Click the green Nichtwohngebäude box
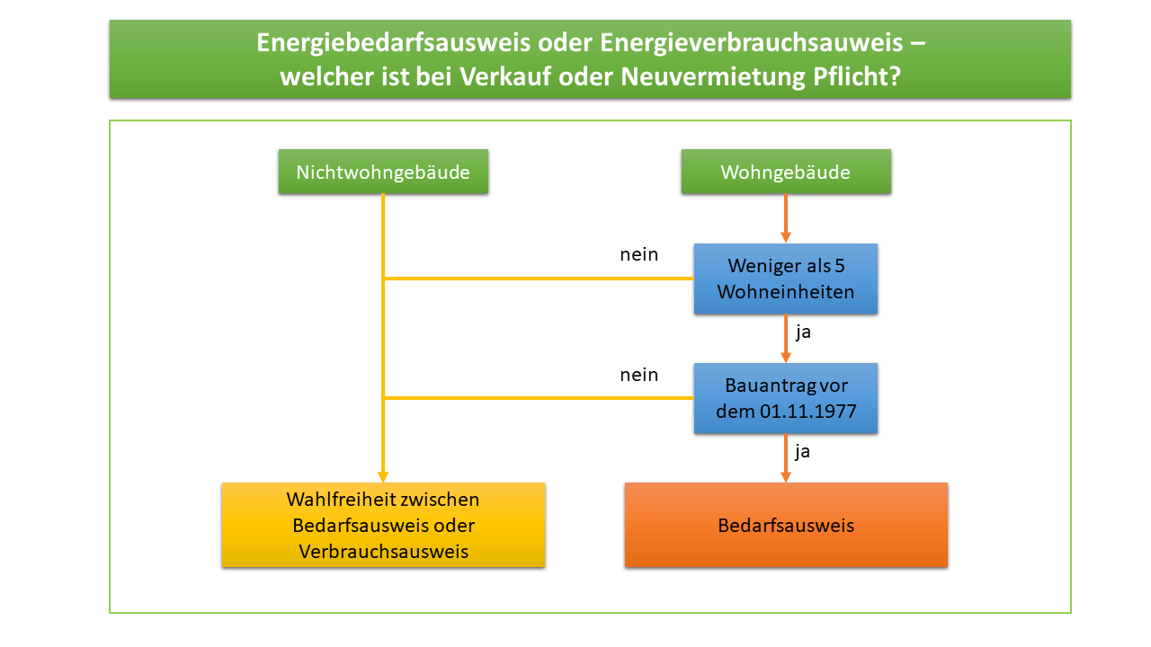coord(383,172)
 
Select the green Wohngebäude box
coord(786,172)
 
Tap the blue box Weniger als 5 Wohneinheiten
coord(786,279)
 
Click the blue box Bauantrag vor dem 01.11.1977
coord(786,398)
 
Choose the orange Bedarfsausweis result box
coord(786,525)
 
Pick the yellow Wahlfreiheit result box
coord(383,525)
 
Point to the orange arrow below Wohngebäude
coord(786,218)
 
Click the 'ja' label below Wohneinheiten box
coord(803,332)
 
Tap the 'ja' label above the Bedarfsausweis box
coord(803,451)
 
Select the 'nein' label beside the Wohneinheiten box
coord(638,254)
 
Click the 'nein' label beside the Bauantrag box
coord(638,375)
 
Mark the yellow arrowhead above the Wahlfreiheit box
coord(383,476)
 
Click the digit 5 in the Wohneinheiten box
coord(839,267)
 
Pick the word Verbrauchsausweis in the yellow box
coord(384,551)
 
